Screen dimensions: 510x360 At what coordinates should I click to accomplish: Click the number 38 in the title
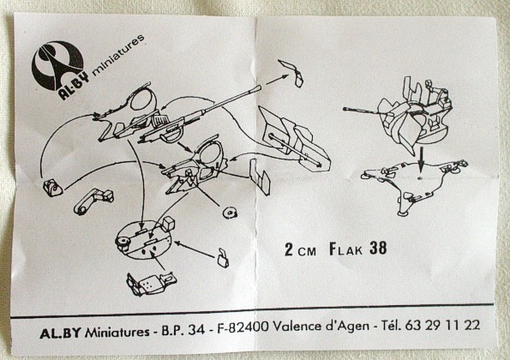coord(378,249)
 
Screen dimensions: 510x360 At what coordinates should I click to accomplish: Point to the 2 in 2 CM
coord(289,249)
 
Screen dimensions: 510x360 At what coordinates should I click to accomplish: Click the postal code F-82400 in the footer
coord(243,327)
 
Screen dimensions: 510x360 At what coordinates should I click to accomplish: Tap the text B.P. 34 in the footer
coord(183,330)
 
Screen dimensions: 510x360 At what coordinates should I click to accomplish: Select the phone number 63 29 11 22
coord(442,325)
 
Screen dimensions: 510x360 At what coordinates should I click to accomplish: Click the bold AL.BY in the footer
coord(60,333)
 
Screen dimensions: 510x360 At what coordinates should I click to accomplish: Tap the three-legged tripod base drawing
coord(416,185)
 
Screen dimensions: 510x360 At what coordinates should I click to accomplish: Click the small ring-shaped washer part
coord(230,213)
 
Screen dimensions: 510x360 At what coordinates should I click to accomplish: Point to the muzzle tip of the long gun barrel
coord(260,87)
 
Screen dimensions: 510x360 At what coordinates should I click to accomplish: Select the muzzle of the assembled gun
coord(345,109)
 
